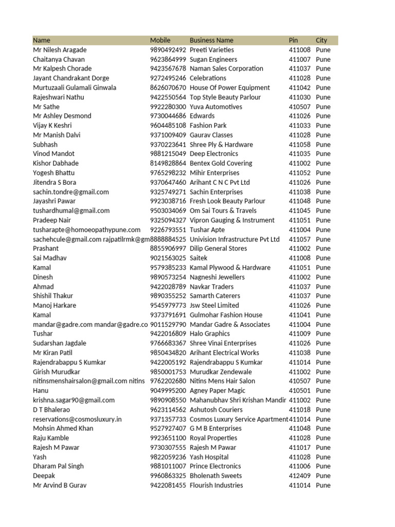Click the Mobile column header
[x=160, y=40]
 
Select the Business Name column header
[x=211, y=40]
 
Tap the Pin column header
[x=293, y=40]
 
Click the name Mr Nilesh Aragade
[x=60, y=50]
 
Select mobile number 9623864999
[x=168, y=59]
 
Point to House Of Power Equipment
[x=229, y=87]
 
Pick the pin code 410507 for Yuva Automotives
[x=299, y=107]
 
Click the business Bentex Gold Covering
[x=221, y=163]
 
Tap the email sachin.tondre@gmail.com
[x=71, y=192]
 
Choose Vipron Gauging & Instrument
[x=232, y=220]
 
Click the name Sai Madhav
[x=50, y=258]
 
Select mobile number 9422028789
[x=168, y=287]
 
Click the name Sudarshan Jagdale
[x=60, y=343]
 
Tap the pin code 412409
[x=299, y=476]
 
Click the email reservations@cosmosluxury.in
[x=77, y=419]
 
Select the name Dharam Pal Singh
[x=58, y=466]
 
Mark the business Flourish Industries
[x=216, y=485]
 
